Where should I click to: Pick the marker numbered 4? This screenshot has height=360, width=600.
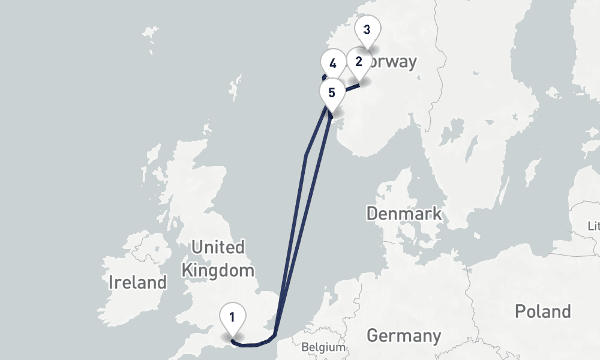click(x=333, y=62)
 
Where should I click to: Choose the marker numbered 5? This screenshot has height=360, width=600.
click(x=332, y=93)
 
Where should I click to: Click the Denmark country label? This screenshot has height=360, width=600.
click(x=404, y=213)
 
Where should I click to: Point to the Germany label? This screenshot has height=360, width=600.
click(x=404, y=335)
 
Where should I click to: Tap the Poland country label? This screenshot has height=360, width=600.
click(x=542, y=311)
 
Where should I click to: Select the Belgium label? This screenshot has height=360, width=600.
click(x=324, y=347)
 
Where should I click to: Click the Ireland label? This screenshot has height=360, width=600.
click(x=137, y=282)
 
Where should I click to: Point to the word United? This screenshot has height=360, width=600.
click(x=217, y=247)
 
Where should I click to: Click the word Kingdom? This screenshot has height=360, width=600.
click(x=218, y=270)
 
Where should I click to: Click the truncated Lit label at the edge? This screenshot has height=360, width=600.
click(x=594, y=226)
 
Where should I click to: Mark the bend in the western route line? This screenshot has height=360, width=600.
click(x=306, y=156)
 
